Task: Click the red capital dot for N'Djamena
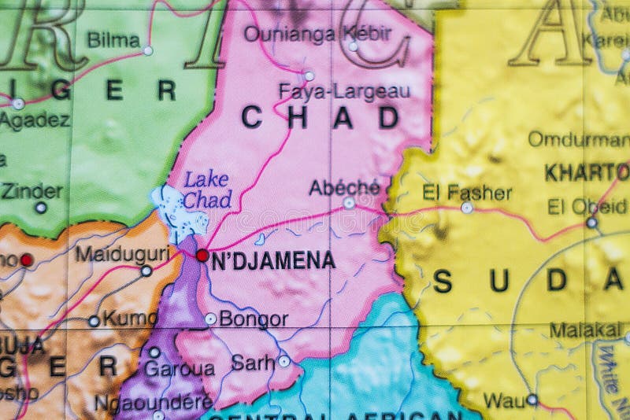[202, 255]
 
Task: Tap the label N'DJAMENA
[272, 260]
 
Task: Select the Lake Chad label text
[207, 190]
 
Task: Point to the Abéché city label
[344, 186]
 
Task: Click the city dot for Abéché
[349, 203]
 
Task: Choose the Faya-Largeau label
[344, 91]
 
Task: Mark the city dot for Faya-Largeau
[309, 76]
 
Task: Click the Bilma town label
[113, 39]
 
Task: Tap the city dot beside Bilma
[148, 50]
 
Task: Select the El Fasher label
[467, 192]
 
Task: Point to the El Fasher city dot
[467, 208]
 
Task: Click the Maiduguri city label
[122, 253]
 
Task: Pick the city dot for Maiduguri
[146, 271]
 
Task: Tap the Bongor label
[253, 319]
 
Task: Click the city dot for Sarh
[283, 361]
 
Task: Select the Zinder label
[31, 191]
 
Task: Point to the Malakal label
[586, 330]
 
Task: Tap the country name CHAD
[320, 118]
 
